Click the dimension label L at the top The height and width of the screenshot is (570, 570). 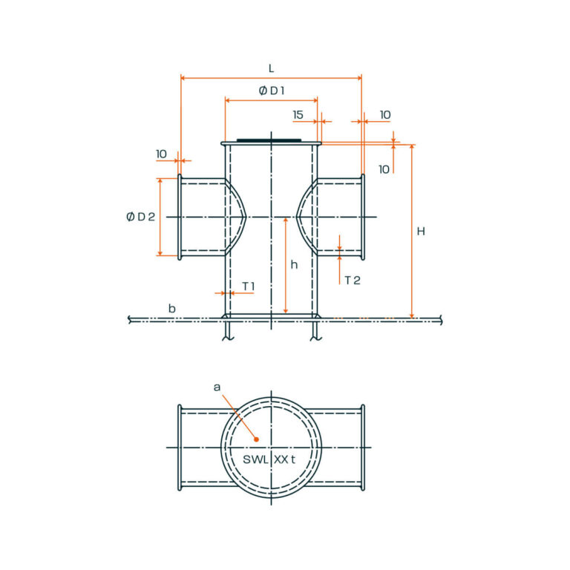[271, 68]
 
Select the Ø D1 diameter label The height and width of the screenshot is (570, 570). [272, 91]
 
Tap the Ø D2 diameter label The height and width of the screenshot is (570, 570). [140, 217]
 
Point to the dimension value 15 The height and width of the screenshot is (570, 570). [298, 115]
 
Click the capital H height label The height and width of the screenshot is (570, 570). [421, 232]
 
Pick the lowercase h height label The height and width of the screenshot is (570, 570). [294, 265]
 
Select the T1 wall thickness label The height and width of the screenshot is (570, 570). [248, 286]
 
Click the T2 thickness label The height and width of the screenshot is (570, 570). [352, 280]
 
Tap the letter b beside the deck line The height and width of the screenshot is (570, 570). [171, 308]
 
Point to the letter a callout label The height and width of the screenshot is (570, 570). [217, 387]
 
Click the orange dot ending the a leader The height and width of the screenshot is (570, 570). [256, 439]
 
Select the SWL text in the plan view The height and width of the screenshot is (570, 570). [255, 459]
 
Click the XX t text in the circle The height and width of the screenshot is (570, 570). [285, 459]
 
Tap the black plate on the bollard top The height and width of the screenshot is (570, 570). [269, 140]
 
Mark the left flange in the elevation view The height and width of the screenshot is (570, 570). [180, 217]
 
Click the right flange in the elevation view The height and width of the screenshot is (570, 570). [363, 217]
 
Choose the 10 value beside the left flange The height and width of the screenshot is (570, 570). [161, 154]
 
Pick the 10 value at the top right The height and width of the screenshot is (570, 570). [385, 115]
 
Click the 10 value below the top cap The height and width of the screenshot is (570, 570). [384, 169]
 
